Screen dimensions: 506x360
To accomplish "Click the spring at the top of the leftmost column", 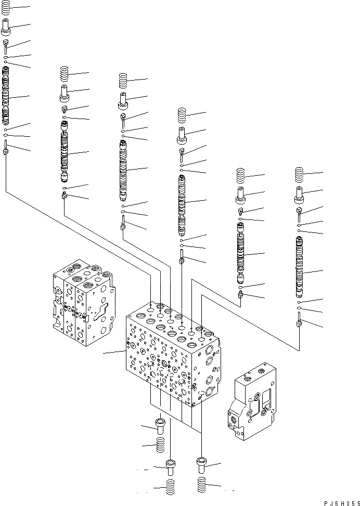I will tap(6, 8).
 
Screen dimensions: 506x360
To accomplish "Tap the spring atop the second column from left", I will tap(65, 73).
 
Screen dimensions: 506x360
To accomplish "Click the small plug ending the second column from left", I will tap(64, 196).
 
